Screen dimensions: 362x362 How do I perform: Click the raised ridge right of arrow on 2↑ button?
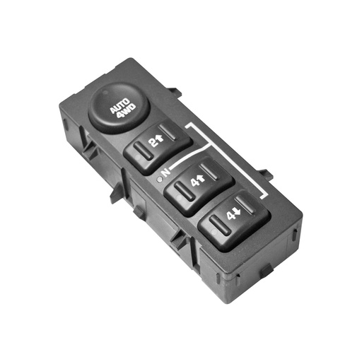coord(167,132)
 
